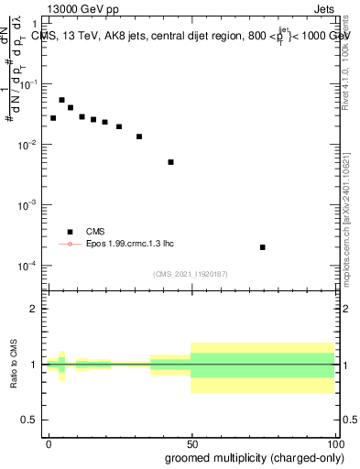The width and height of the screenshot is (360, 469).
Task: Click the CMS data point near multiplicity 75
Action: [x=263, y=247]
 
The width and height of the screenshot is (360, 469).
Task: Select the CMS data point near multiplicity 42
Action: [x=170, y=162]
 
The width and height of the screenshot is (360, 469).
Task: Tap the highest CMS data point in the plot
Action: [x=61, y=100]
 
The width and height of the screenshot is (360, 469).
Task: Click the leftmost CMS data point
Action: [x=53, y=118]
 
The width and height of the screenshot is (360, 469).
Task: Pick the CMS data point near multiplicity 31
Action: [x=139, y=136]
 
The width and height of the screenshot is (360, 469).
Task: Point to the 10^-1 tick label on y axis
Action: [x=31, y=84]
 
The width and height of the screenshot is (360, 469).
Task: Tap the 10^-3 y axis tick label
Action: [x=31, y=205]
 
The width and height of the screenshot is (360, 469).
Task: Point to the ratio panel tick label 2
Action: [x=35, y=309]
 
